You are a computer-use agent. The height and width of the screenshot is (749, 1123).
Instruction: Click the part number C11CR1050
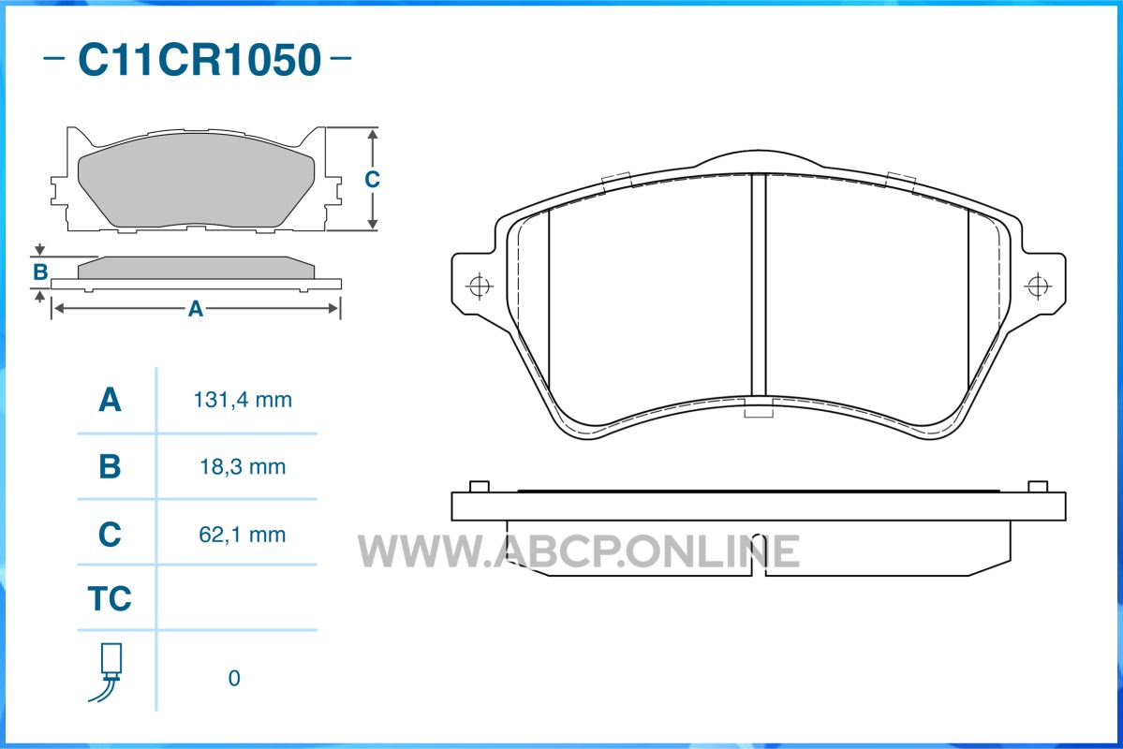(199, 59)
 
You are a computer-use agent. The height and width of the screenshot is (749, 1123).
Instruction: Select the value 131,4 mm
(243, 400)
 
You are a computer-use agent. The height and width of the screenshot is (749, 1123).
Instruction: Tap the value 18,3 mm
(243, 467)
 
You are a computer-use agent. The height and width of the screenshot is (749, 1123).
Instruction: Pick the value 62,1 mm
(243, 535)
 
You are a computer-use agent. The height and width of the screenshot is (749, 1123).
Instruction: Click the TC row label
(110, 598)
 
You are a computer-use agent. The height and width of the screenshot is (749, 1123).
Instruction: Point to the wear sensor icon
(108, 672)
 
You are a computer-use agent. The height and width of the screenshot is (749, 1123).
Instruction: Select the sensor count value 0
(234, 678)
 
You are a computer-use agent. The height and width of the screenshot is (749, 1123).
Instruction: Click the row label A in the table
(110, 400)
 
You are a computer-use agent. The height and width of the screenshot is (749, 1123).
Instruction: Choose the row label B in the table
(110, 467)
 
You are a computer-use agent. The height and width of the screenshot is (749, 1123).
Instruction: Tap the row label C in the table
(110, 535)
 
